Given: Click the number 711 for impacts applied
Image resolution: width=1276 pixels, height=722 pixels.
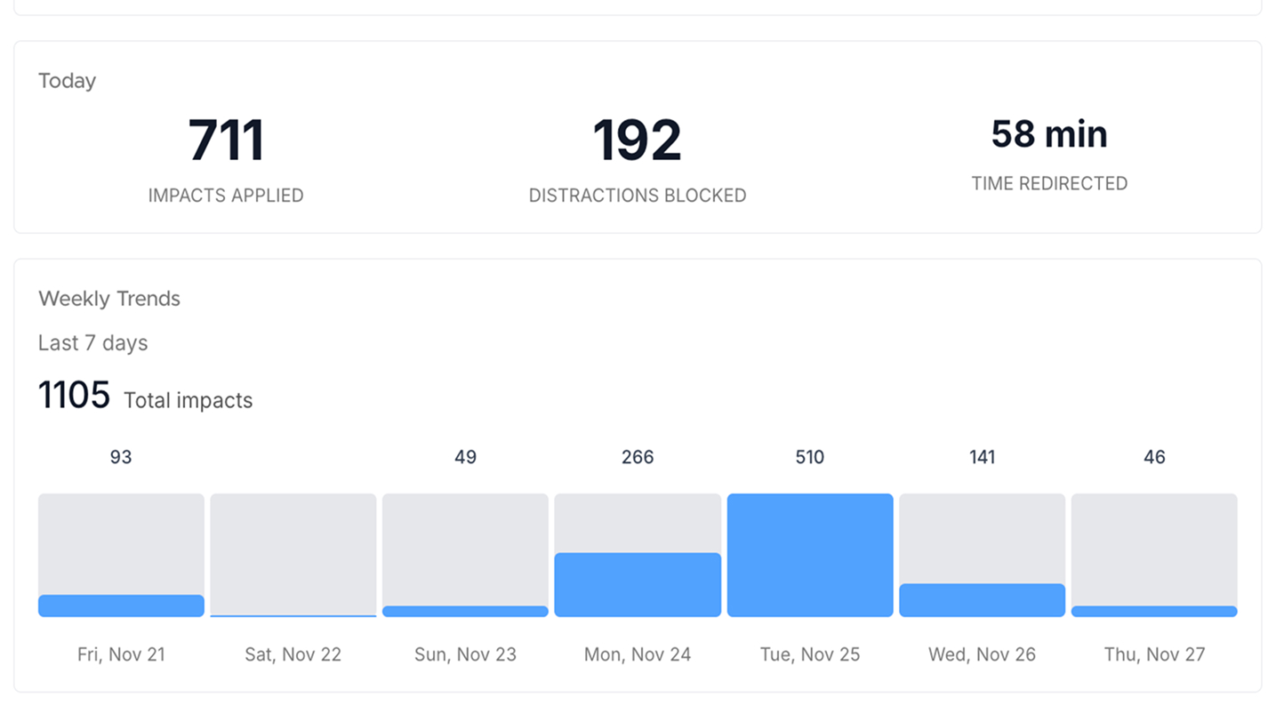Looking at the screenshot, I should pyautogui.click(x=226, y=140).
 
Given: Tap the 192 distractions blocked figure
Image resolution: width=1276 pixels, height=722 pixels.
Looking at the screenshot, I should pyautogui.click(x=637, y=140).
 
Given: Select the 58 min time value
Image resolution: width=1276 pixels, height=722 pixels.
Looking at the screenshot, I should pyautogui.click(x=1049, y=134).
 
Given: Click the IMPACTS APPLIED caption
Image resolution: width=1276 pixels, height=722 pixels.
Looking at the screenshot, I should pyautogui.click(x=226, y=196).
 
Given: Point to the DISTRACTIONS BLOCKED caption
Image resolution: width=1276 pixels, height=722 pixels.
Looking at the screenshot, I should pyautogui.click(x=637, y=196).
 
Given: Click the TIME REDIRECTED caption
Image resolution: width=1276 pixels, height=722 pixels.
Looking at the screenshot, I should pyautogui.click(x=1049, y=183).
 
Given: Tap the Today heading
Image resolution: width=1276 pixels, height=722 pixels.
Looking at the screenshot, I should pyautogui.click(x=67, y=81).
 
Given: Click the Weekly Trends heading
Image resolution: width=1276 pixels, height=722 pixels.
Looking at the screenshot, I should pyautogui.click(x=109, y=299).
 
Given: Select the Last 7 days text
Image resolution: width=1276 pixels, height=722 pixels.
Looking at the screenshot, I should pyautogui.click(x=92, y=343).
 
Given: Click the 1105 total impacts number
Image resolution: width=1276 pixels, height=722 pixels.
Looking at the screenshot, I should pyautogui.click(x=74, y=395).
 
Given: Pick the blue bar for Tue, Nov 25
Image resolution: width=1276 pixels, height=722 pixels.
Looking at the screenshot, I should pyautogui.click(x=809, y=555).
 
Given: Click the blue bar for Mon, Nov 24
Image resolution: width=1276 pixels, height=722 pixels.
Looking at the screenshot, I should pyautogui.click(x=637, y=584).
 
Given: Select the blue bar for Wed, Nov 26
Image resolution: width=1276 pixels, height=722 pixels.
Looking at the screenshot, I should pyautogui.click(x=982, y=600).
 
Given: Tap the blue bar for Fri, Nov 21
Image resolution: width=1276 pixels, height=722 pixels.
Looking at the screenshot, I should pyautogui.click(x=121, y=606).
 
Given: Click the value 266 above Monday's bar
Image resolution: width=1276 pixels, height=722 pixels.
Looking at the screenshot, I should pyautogui.click(x=637, y=457).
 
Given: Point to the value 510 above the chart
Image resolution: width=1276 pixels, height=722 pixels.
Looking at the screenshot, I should pyautogui.click(x=809, y=457).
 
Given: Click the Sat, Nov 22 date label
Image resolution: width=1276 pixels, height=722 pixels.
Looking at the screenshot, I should pyautogui.click(x=293, y=654).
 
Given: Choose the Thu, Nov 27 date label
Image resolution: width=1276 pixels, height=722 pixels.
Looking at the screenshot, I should pyautogui.click(x=1154, y=654).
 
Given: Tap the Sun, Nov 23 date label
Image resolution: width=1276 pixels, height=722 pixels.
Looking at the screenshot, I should pyautogui.click(x=465, y=654).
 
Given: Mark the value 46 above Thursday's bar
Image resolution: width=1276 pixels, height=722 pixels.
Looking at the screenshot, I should pyautogui.click(x=1154, y=457).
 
